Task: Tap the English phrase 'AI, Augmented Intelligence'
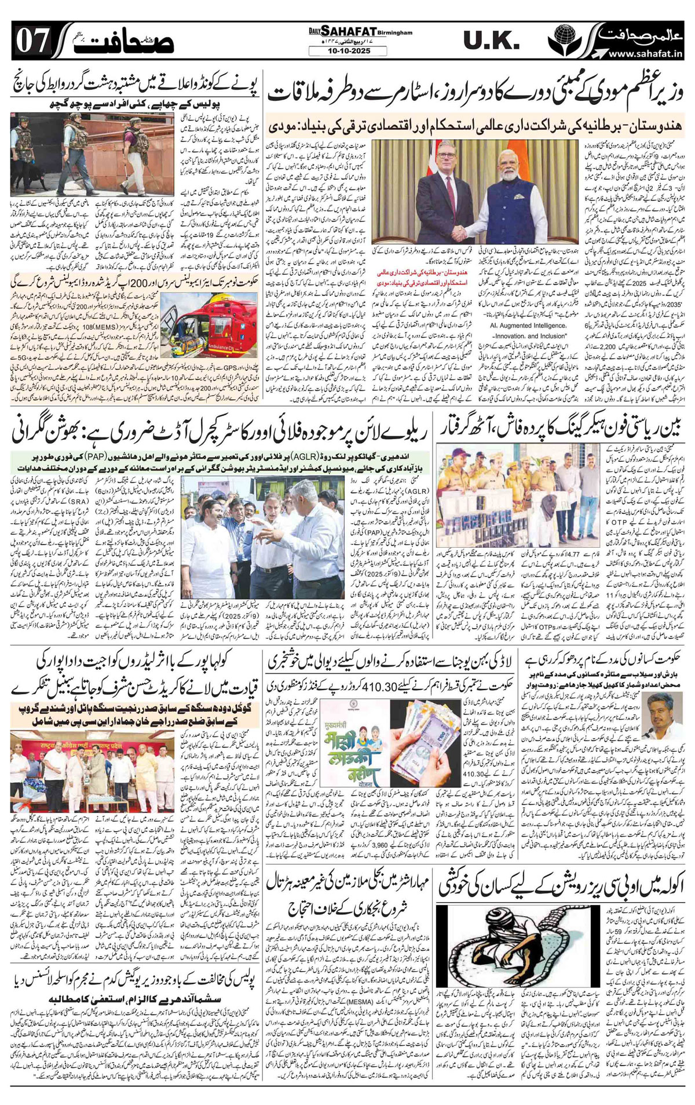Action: point(516,326)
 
